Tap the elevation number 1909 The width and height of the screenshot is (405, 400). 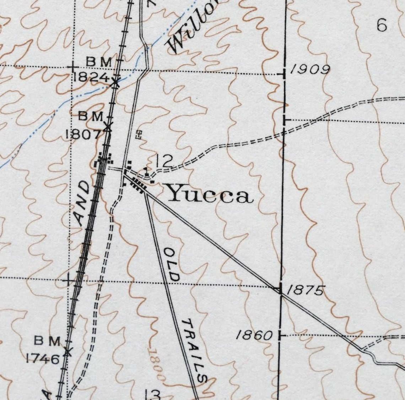[310, 70]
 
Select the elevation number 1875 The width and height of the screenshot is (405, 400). [306, 290]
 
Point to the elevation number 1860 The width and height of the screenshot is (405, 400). [255, 335]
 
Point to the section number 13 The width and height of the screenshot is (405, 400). [153, 394]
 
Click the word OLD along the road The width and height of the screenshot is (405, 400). [172, 265]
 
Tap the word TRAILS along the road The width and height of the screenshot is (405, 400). [195, 350]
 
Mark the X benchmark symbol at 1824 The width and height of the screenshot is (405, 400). [115, 83]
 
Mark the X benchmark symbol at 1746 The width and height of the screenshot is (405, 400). [67, 352]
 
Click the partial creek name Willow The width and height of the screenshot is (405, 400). [192, 27]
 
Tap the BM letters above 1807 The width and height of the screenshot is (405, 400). [91, 116]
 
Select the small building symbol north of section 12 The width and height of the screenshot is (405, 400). [139, 134]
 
